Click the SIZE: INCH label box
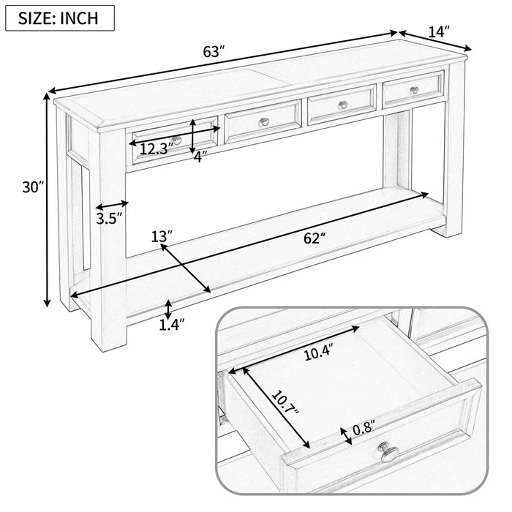(x=61, y=18)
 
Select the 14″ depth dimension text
(x=439, y=31)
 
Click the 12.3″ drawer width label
(x=155, y=148)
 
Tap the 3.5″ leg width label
(x=108, y=217)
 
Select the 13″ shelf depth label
(x=162, y=236)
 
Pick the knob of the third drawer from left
(x=342, y=105)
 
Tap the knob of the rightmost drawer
(x=414, y=90)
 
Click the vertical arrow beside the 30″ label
(x=49, y=201)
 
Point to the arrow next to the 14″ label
(x=435, y=42)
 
